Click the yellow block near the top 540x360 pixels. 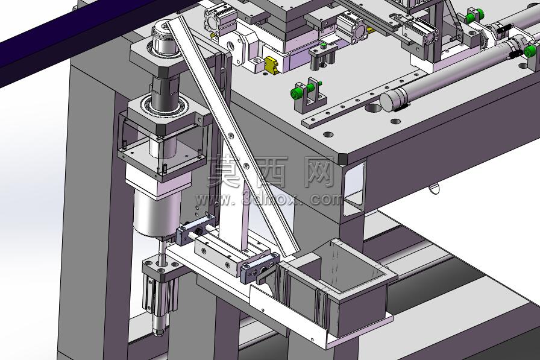click(271, 65)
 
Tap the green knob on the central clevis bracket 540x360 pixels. click(295, 93)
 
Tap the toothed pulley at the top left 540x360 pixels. click(165, 37)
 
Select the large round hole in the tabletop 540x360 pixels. click(373, 108)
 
